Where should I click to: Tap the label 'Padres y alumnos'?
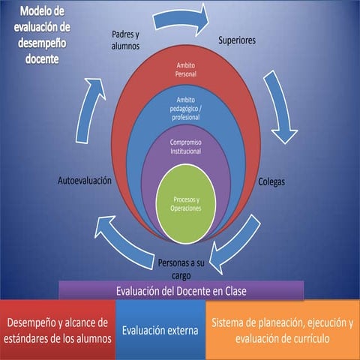pyautogui.click(x=125, y=40)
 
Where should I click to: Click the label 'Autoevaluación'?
pyautogui.click(x=85, y=181)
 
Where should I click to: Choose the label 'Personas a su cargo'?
pyautogui.click(x=181, y=268)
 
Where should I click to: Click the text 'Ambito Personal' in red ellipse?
pyautogui.click(x=185, y=70)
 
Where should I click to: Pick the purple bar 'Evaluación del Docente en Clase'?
pyautogui.click(x=181, y=290)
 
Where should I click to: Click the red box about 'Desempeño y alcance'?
pyautogui.click(x=58, y=330)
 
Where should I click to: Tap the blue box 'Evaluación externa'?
pyautogui.click(x=160, y=330)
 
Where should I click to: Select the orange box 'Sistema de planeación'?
pyautogui.click(x=281, y=330)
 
